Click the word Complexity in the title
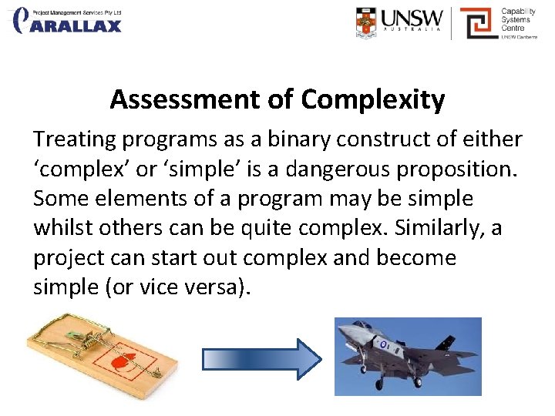373,100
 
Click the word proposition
456,169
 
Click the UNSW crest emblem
368,22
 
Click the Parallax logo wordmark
77,25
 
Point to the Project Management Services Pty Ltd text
77,13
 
